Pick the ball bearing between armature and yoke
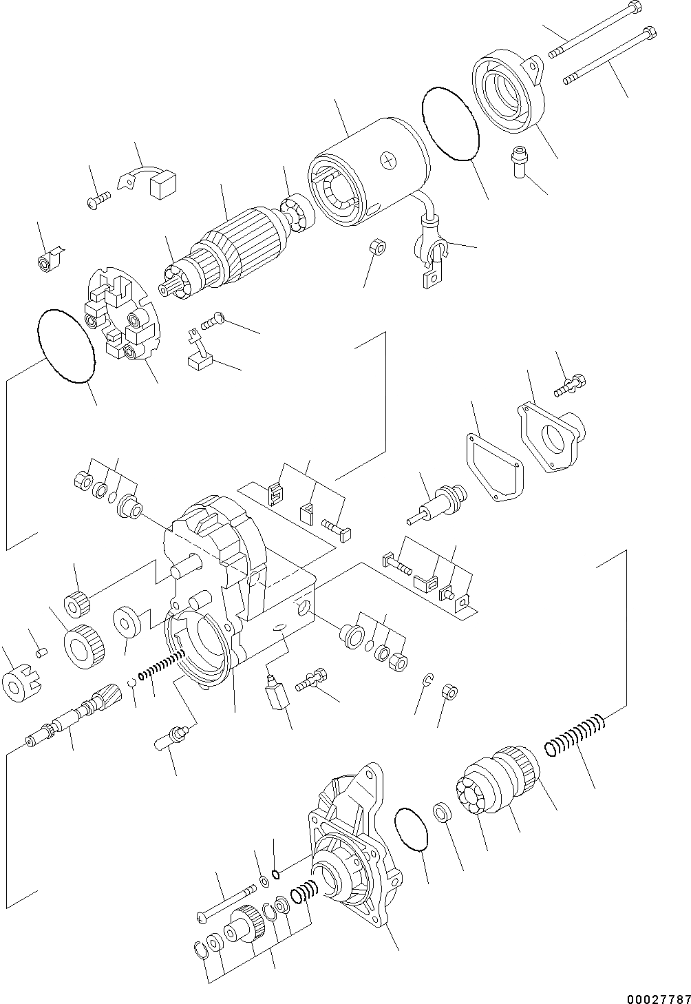coord(298,213)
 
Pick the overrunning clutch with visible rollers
coord(496,785)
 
